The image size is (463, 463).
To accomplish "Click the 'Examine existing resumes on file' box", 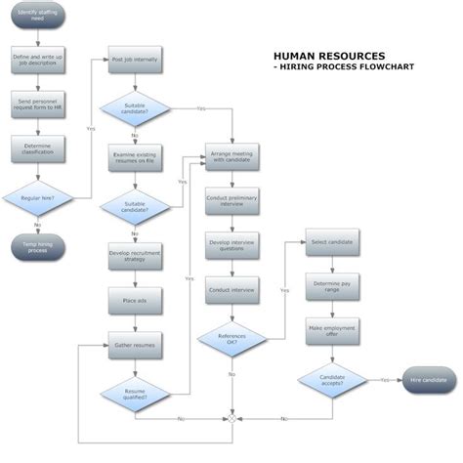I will [135, 158].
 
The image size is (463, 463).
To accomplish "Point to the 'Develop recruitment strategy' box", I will [135, 256].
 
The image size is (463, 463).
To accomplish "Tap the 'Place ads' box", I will [135, 300].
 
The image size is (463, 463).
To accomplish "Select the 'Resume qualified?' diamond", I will [135, 394].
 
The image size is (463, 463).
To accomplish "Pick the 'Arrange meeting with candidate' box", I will [231, 158].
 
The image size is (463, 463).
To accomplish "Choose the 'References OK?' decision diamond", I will [231, 340].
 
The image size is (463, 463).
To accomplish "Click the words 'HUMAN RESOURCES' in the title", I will [328, 57].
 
